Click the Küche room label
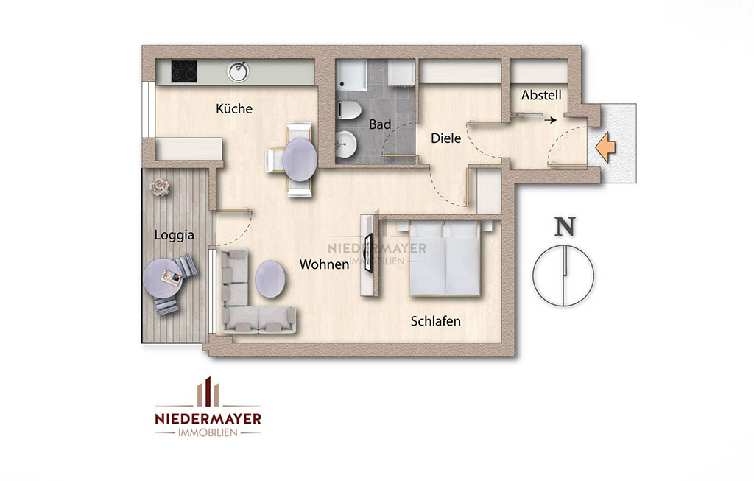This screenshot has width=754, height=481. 233,109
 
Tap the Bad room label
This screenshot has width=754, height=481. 380,124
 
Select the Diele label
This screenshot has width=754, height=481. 445,138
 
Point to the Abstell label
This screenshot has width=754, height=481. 541,95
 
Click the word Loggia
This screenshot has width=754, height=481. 174,235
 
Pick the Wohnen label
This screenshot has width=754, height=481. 324,264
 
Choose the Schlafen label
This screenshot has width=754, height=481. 436,321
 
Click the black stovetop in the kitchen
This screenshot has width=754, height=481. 184,71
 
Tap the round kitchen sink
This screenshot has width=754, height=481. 239,71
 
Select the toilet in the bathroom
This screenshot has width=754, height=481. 348,110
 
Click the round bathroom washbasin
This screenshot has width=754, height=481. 346,145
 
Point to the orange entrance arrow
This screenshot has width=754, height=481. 605,147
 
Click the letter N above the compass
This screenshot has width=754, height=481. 565,227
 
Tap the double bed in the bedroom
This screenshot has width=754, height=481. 444,258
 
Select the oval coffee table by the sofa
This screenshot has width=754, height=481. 269,279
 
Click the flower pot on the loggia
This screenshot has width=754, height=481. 159,186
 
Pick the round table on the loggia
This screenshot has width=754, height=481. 163,279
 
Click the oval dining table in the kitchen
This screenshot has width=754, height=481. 300,160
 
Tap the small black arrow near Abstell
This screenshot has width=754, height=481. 551,120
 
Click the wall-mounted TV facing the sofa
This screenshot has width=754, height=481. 368,253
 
